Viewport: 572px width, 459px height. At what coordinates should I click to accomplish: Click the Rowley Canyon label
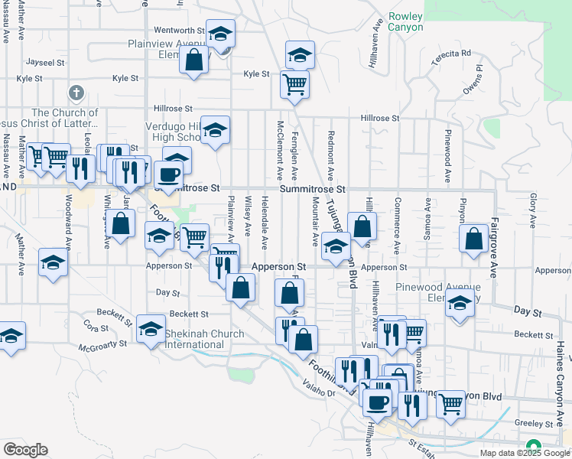(x=405, y=21)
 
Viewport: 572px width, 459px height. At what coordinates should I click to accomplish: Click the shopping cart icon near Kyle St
(x=294, y=83)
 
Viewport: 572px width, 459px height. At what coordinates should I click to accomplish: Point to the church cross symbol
(x=75, y=93)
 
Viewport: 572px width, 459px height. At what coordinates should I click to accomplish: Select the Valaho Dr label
(x=321, y=395)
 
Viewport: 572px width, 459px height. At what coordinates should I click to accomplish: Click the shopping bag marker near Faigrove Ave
(x=474, y=238)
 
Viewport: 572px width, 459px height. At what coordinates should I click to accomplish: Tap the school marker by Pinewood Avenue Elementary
(x=460, y=304)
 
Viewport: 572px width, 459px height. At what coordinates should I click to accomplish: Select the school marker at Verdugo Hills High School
(x=216, y=130)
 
